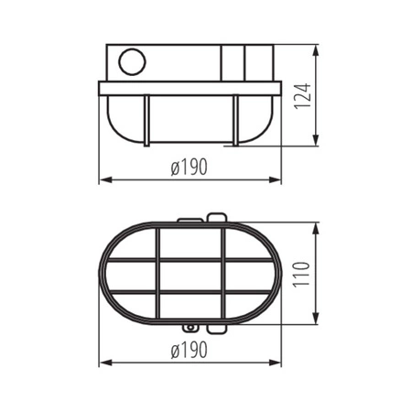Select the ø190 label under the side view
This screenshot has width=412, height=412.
188,167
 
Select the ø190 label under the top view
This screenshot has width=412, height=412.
188,349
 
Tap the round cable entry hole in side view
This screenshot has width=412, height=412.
132,63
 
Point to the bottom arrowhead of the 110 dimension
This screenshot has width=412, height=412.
318,321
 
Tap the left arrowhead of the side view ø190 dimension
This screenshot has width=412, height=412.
103,179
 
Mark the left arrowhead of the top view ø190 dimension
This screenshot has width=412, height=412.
103,361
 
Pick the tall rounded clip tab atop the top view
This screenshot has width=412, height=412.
216,219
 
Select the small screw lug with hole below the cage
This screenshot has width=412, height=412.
190,327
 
